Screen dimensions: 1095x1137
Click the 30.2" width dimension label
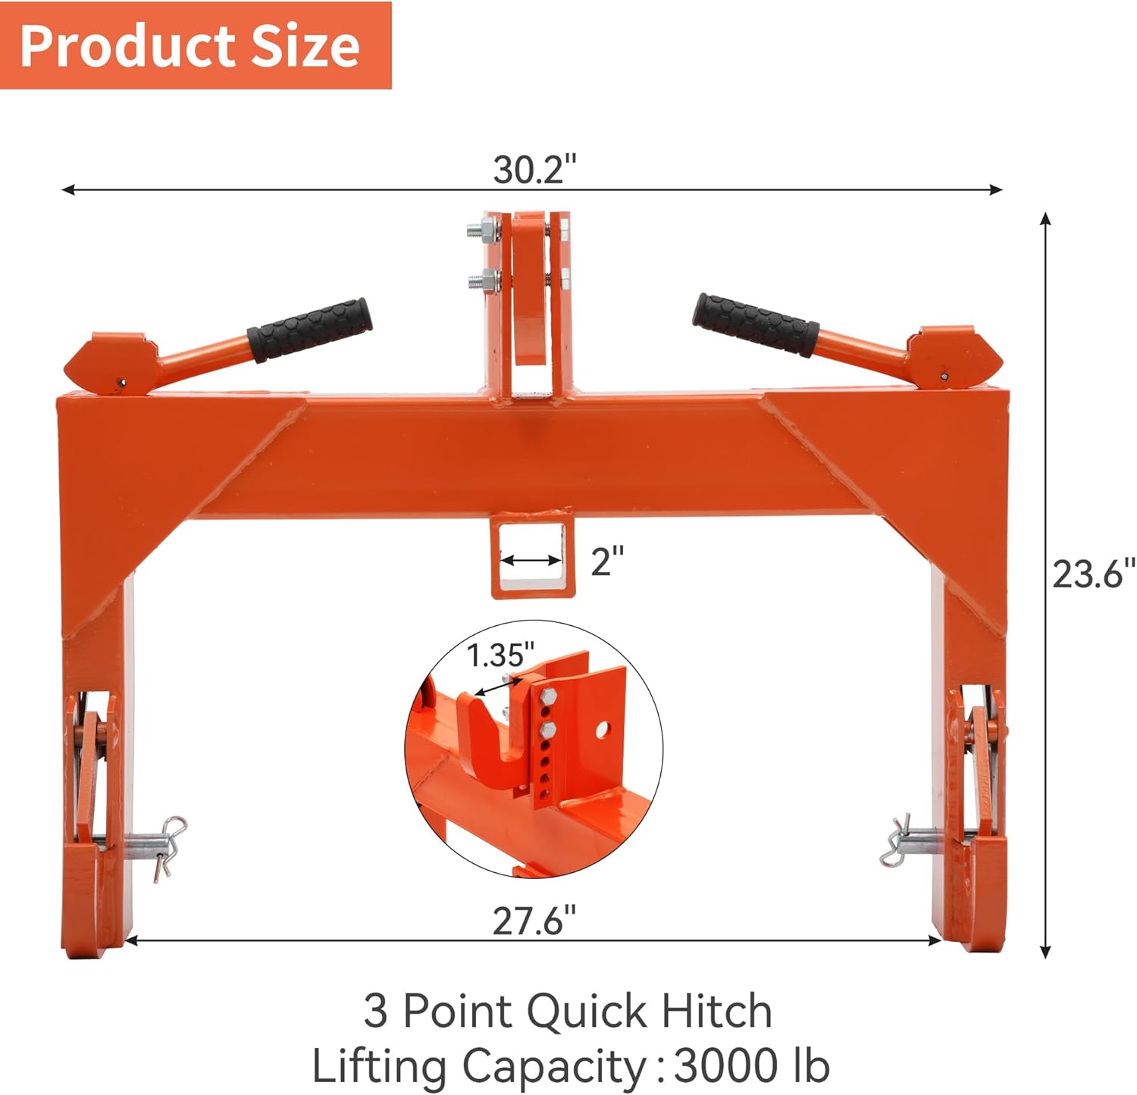(534, 170)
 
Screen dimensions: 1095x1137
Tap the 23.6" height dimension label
(1092, 574)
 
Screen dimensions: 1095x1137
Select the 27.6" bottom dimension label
(534, 921)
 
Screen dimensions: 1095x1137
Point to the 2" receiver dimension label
(607, 562)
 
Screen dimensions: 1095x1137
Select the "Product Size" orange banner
(195, 45)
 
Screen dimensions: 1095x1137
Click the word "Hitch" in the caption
(716, 1011)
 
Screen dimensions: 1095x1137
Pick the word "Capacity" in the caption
(553, 1066)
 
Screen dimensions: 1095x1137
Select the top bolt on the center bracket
(482, 227)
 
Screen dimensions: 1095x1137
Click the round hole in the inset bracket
(603, 730)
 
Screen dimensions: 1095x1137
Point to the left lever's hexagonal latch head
(106, 364)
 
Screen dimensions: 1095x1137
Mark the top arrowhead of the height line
(1045, 219)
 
